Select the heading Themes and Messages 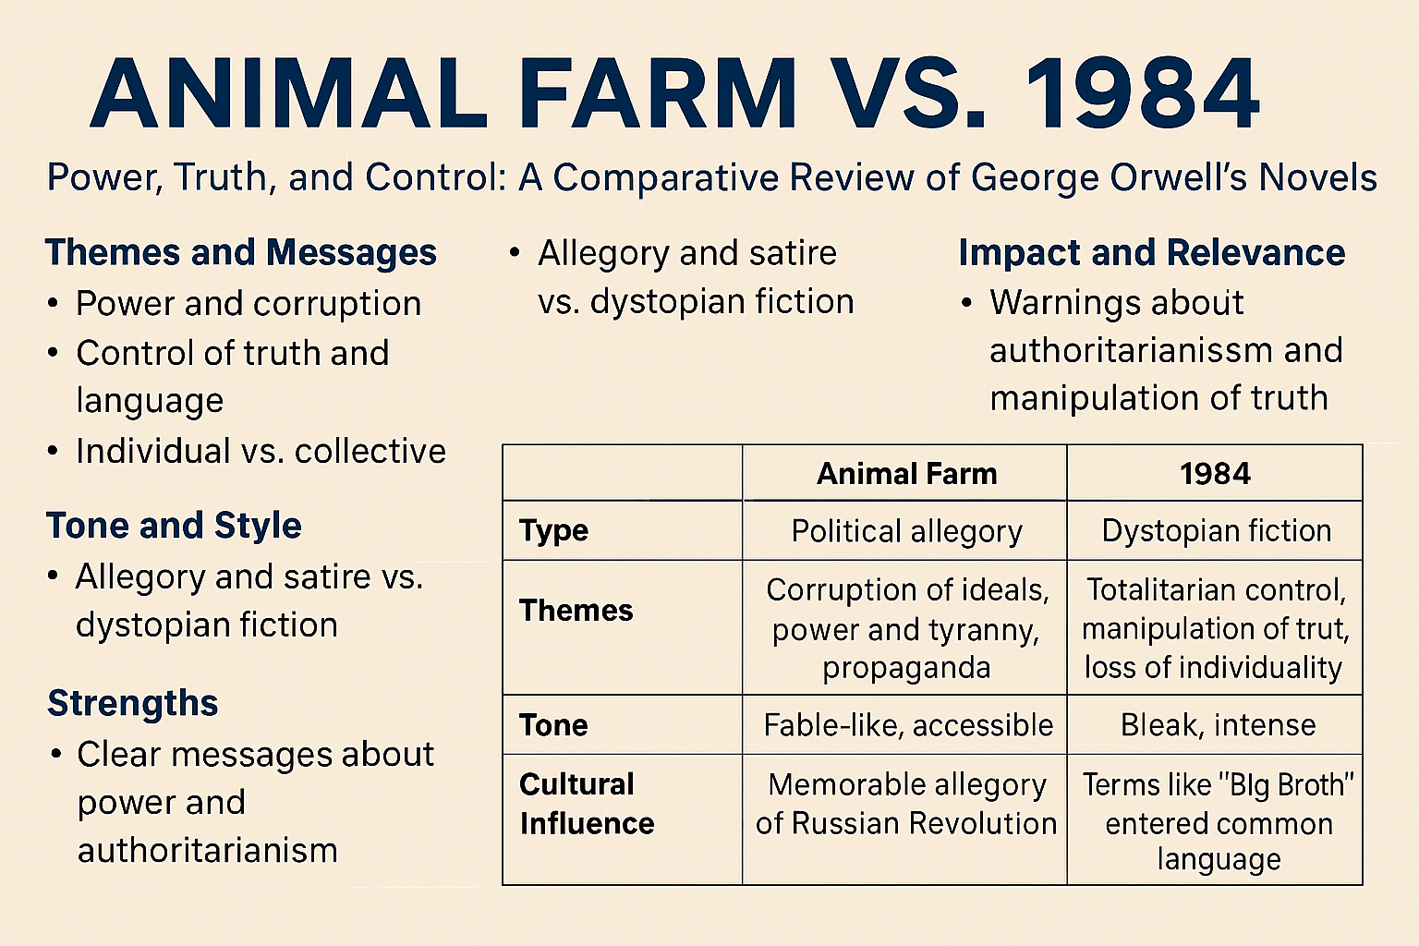[x=241, y=252]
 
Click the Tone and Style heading [x=174, y=526]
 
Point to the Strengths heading [x=132, y=703]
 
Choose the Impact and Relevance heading [x=1152, y=252]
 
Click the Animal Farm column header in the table [x=906, y=474]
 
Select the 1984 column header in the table [x=1215, y=474]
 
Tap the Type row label [x=553, y=531]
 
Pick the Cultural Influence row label [x=587, y=804]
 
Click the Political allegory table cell [x=906, y=531]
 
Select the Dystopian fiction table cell [x=1217, y=531]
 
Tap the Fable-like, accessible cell [x=908, y=725]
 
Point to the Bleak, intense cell [x=1219, y=725]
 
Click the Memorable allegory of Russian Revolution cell [x=906, y=804]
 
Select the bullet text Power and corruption [x=249, y=304]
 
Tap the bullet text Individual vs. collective [x=261, y=451]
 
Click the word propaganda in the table [x=906, y=669]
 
